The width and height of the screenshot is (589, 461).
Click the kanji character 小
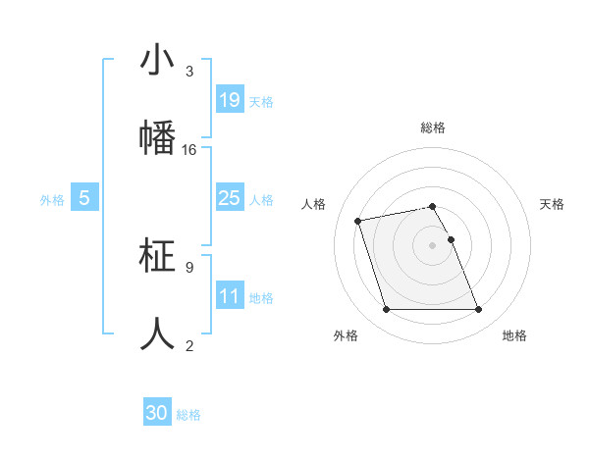(157, 60)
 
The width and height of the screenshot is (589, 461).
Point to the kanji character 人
(157, 333)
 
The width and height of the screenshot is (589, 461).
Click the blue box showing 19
(230, 99)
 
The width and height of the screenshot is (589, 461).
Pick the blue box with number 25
(230, 198)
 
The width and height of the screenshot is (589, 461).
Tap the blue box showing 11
(230, 296)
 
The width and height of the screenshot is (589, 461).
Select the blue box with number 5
(84, 198)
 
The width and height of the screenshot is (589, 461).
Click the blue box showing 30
(157, 413)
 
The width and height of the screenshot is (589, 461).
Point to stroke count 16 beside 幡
(189, 150)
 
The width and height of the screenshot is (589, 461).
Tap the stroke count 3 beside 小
(189, 72)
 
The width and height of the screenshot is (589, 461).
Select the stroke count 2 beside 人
(189, 345)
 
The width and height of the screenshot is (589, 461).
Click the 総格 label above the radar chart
(433, 128)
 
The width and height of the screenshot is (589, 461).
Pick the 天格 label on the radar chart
(552, 204)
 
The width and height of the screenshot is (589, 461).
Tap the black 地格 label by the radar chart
(514, 335)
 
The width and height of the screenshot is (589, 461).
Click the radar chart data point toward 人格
(358, 221)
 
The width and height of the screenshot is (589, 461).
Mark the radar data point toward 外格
(386, 310)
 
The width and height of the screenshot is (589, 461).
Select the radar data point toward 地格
(478, 310)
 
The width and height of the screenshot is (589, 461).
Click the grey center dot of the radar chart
(432, 245)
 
